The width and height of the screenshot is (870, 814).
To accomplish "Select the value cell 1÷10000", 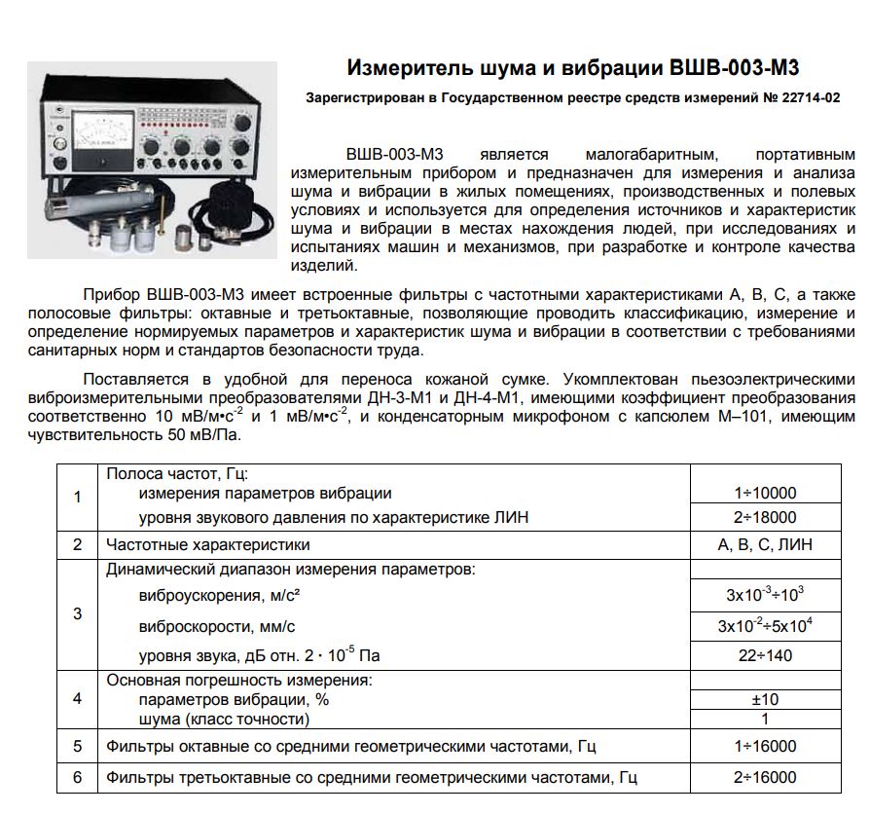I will click(764, 494).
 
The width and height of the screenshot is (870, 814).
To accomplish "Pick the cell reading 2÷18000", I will click(764, 518).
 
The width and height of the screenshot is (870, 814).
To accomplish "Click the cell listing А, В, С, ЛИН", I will click(764, 544).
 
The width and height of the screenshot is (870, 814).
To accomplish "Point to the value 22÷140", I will click(764, 655).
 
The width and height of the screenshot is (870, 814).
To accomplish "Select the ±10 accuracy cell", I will click(764, 699).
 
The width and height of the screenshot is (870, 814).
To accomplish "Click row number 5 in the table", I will click(78, 747).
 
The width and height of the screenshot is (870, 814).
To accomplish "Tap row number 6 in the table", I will click(78, 777).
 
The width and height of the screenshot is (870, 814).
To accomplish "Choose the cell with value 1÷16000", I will click(764, 747).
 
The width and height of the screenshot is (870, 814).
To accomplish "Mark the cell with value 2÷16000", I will click(764, 777).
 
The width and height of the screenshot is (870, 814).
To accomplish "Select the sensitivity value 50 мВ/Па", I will click(205, 435).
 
